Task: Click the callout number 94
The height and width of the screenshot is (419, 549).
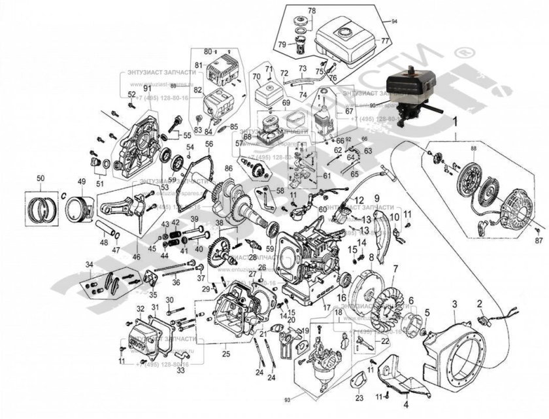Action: pyautogui.click(x=394, y=22)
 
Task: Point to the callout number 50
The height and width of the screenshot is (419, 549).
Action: pyautogui.click(x=41, y=178)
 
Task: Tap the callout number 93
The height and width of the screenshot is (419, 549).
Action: pyautogui.click(x=286, y=399)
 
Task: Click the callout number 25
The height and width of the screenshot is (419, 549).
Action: pyautogui.click(x=226, y=354)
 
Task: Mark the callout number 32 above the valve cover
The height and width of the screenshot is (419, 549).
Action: pyautogui.click(x=140, y=309)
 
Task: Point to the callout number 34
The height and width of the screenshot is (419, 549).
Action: pyautogui.click(x=90, y=264)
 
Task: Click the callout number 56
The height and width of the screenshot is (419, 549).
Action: pyautogui.click(x=208, y=144)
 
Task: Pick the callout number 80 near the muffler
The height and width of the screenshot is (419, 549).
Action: pyautogui.click(x=207, y=51)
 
